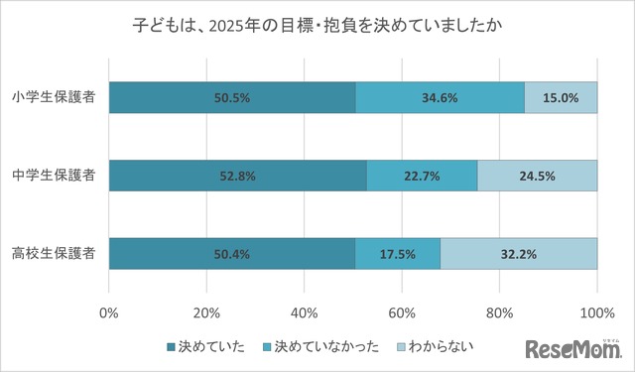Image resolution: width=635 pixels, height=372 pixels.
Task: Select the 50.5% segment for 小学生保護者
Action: (232, 97)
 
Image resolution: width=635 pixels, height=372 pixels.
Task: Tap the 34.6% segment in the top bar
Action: (440, 97)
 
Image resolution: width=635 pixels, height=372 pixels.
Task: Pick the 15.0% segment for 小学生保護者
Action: (561, 97)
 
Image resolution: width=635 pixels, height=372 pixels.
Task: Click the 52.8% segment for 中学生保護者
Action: (238, 176)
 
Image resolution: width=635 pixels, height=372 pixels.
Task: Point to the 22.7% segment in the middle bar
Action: (422, 176)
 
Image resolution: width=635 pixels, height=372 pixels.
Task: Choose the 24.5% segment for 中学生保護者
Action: (537, 176)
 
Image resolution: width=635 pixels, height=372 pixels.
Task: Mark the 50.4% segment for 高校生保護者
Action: (232, 254)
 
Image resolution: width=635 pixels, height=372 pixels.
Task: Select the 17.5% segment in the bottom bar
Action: (397, 254)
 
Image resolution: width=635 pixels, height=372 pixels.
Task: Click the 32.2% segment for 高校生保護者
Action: (518, 254)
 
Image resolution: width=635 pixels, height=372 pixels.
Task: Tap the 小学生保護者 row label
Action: (55, 97)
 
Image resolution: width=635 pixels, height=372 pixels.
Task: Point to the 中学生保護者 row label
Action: (55, 176)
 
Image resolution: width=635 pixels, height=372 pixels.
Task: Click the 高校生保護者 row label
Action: (55, 254)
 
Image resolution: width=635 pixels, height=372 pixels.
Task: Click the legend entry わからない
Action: (435, 346)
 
